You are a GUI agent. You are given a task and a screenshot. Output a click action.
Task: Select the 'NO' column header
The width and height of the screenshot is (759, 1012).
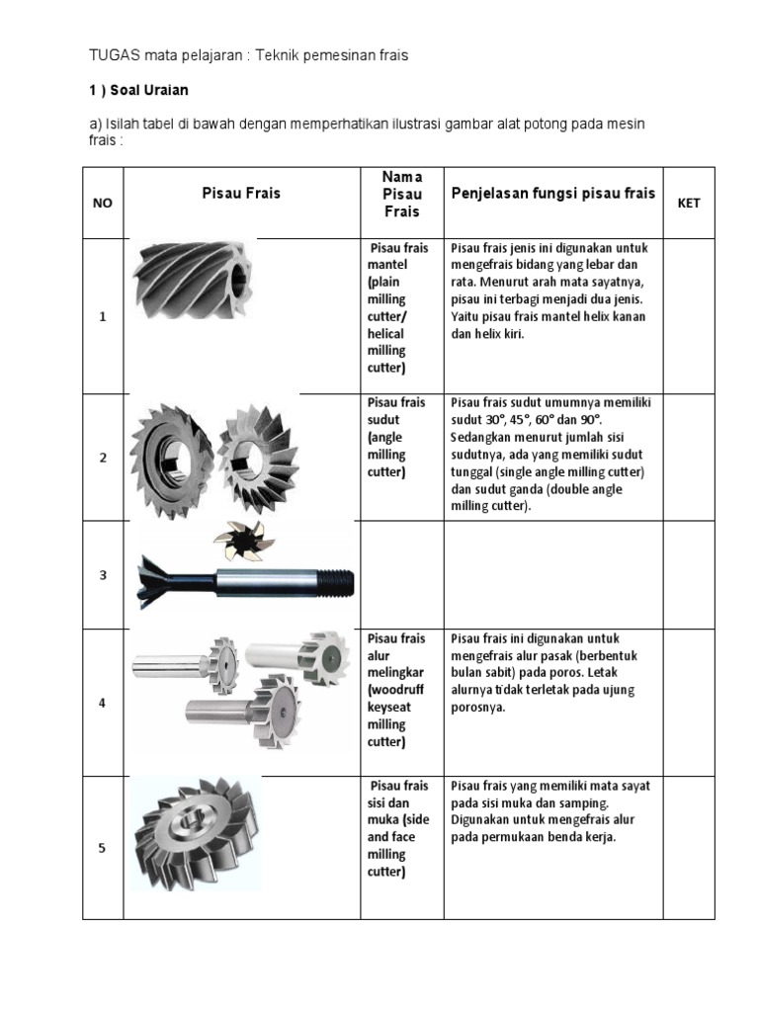tap(103, 203)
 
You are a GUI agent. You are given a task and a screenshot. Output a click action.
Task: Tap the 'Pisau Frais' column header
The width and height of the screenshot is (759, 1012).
tap(241, 193)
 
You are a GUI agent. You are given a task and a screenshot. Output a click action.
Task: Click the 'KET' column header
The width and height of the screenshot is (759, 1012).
tap(688, 203)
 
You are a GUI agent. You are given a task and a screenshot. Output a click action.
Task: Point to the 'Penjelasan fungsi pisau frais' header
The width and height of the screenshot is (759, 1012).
tap(552, 193)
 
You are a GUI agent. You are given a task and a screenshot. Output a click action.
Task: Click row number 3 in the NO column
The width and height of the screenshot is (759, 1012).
tap(102, 575)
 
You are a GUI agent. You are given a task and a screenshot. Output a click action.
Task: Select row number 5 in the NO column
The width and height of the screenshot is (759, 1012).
tap(102, 847)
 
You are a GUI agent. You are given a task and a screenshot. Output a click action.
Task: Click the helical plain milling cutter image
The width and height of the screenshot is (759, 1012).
tap(192, 280)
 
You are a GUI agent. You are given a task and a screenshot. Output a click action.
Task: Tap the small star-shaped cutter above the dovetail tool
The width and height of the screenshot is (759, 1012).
tap(237, 540)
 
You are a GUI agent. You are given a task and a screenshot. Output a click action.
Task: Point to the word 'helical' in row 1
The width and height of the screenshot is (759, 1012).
tap(386, 333)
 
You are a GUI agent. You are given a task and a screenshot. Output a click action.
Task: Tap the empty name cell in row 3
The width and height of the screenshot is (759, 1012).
tap(401, 575)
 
